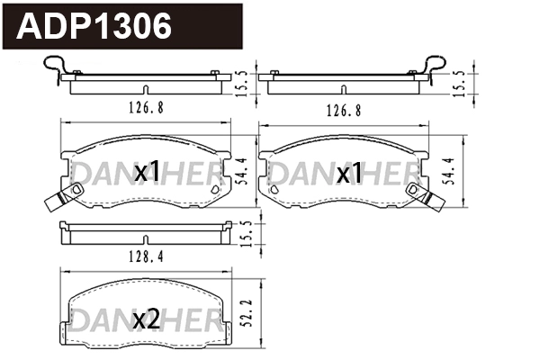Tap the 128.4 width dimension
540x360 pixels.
[x=144, y=256]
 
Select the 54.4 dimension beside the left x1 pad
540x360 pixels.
[x=239, y=169]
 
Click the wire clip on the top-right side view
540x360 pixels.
[x=435, y=67]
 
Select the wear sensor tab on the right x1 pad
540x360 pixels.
[x=420, y=194]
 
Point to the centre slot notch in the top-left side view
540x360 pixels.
[x=144, y=88]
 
